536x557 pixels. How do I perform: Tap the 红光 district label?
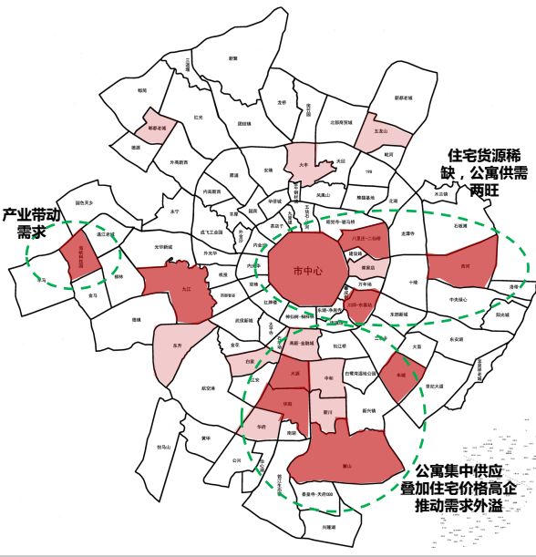[x=199, y=116]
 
